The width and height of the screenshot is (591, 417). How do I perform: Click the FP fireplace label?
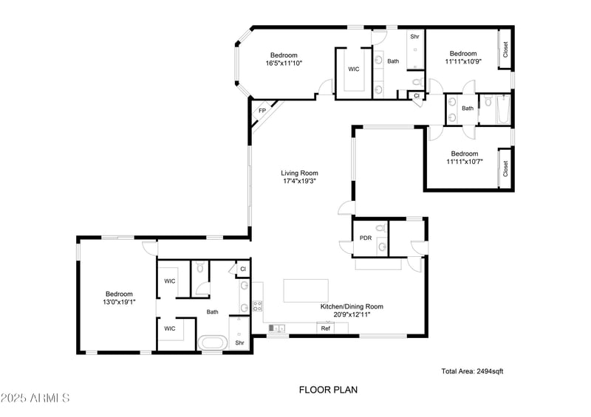(262, 111)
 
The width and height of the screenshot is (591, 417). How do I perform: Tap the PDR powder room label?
(365, 238)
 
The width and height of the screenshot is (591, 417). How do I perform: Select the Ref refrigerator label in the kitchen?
(325, 328)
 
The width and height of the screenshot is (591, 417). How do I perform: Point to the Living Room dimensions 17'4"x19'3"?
(299, 182)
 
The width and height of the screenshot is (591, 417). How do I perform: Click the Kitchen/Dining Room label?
(351, 306)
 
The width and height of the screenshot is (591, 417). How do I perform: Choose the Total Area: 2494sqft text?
(472, 371)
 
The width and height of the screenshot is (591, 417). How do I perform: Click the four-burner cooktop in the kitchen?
(258, 305)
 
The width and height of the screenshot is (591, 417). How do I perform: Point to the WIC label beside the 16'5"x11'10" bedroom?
(354, 69)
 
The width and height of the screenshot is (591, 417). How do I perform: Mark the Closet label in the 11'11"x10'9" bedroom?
(505, 49)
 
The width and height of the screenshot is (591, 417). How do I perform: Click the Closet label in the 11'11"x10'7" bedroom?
(505, 169)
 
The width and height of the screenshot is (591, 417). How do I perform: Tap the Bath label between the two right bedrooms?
(467, 108)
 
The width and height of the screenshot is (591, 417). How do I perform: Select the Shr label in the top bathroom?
(414, 36)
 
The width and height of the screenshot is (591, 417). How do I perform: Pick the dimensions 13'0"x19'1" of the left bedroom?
(119, 303)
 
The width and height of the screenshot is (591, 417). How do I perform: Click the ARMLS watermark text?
(35, 399)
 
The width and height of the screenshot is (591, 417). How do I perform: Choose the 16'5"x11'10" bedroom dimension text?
(283, 63)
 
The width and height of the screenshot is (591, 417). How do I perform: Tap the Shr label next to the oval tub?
(239, 343)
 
